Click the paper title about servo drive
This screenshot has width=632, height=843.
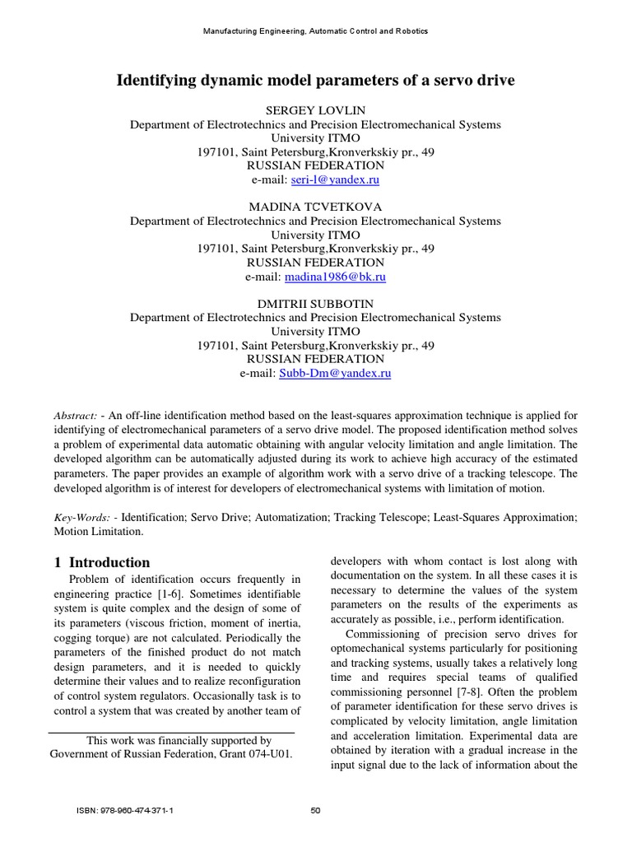[315, 81]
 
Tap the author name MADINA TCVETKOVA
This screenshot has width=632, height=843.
[315, 207]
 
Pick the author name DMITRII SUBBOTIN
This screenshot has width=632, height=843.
[315, 303]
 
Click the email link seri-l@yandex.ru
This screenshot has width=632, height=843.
[335, 179]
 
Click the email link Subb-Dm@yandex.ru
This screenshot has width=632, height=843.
[335, 373]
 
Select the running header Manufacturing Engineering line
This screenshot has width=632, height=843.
[315, 31]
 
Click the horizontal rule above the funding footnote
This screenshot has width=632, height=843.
[171, 733]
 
